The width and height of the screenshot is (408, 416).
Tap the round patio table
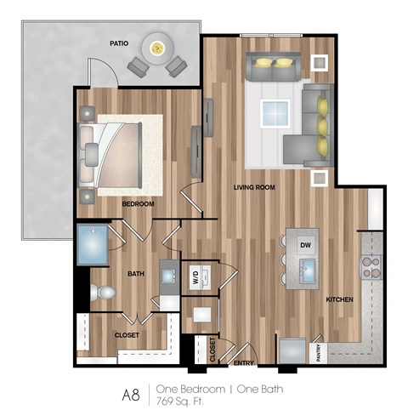tap(158, 48)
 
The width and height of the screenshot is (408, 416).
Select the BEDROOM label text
tap(137, 204)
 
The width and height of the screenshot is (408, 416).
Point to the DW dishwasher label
tap(304, 245)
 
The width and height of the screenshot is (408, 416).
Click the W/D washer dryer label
tap(195, 276)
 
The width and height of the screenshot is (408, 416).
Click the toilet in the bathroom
tap(102, 293)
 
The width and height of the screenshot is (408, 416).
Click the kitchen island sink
tap(306, 271)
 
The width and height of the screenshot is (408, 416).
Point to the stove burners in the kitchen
tap(371, 269)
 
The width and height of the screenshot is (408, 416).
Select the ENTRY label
tap(244, 363)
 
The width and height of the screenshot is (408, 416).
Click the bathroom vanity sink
tap(168, 276)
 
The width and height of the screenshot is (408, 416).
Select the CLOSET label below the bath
tap(127, 335)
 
